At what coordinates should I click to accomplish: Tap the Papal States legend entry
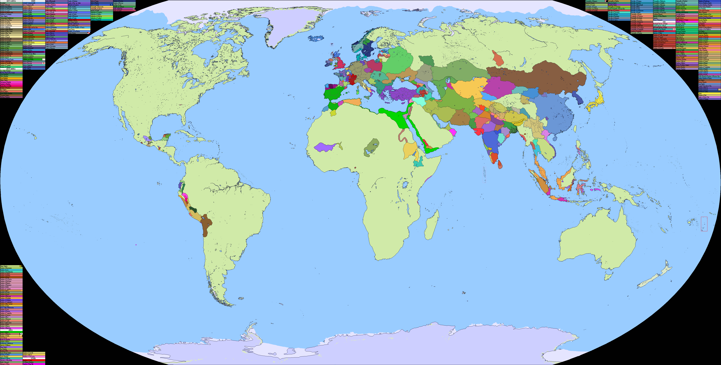pyautogui.click(x=76, y=29)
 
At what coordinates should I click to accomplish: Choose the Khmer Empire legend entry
pyautogui.click(x=6, y=266)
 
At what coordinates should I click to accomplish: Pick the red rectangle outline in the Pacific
pyautogui.click(x=704, y=224)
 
